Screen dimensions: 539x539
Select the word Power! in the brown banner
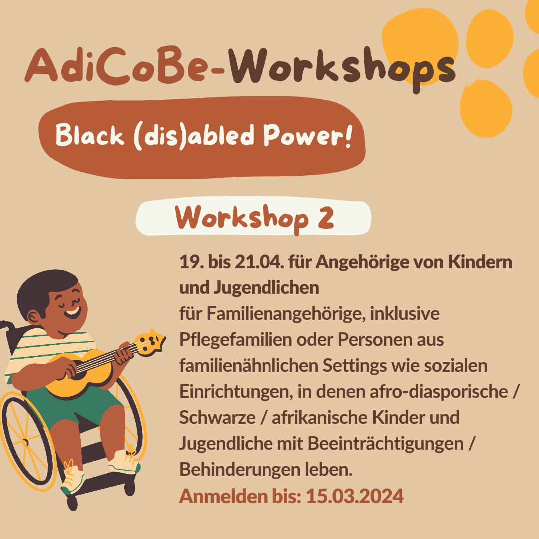pyautogui.click(x=308, y=136)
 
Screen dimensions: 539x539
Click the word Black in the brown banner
pyautogui.click(x=89, y=135)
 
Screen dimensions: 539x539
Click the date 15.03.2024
pyautogui.click(x=355, y=496)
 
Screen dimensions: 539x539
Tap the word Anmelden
pyautogui.click(x=224, y=496)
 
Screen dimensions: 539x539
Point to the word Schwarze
pyautogui.click(x=217, y=418)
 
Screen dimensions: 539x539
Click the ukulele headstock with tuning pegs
pyautogui.click(x=151, y=342)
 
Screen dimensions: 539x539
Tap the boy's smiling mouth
pyautogui.click(x=72, y=313)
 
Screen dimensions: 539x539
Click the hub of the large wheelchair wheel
pyautogui.click(x=25, y=442)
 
